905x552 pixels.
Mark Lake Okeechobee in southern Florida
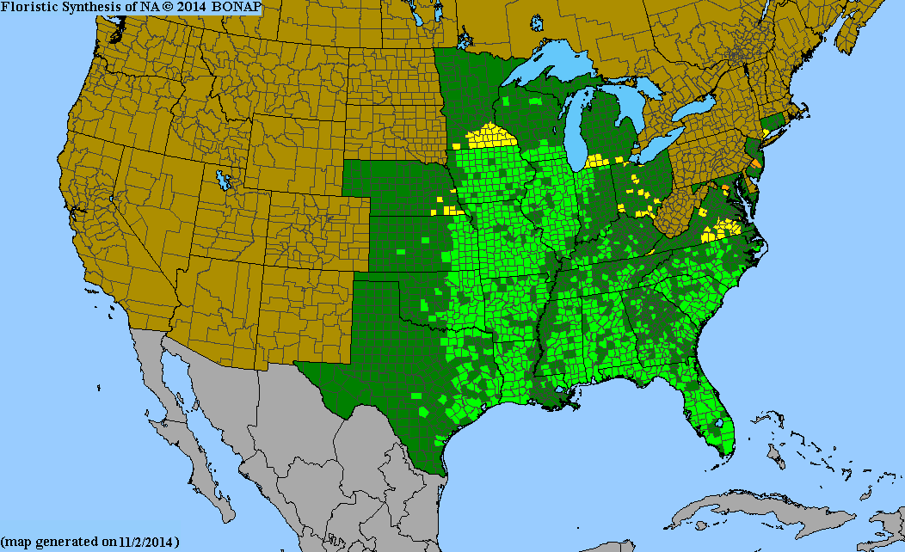tap(719, 423)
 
